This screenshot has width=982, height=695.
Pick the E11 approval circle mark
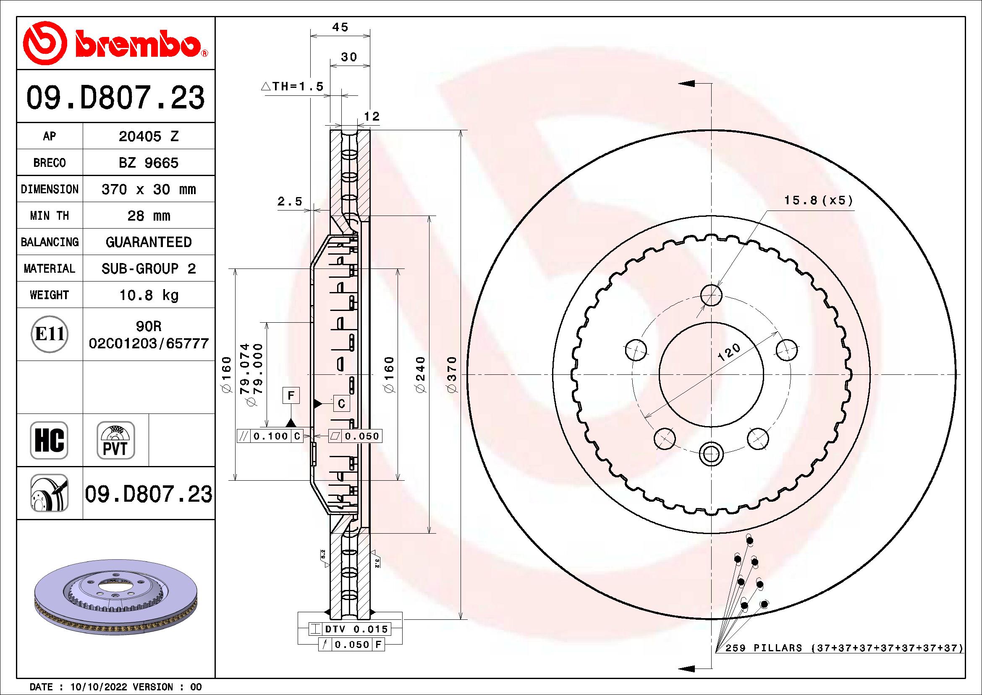[x=50, y=334]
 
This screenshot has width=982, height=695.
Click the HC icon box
[x=49, y=440]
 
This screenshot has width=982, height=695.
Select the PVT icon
[x=115, y=440]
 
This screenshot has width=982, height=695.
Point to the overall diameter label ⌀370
[x=453, y=374]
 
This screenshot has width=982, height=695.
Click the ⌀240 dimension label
[x=421, y=374]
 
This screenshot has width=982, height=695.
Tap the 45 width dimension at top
[x=340, y=27]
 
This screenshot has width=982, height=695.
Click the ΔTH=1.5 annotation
[x=293, y=87]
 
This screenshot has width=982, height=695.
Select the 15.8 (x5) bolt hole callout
[x=818, y=200]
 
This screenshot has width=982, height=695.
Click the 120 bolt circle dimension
[x=729, y=353]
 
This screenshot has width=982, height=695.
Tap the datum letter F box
[x=291, y=395]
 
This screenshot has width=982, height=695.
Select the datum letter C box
[x=341, y=403]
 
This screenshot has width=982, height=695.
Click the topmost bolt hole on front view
[x=711, y=295]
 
